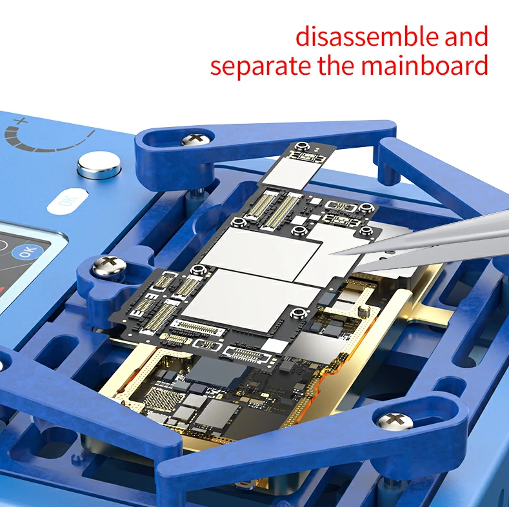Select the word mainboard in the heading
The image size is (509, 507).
tap(424, 65)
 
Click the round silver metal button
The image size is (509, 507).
tap(99, 163)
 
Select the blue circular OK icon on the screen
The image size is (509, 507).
tap(28, 251)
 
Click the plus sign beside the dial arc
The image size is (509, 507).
tap(21, 122)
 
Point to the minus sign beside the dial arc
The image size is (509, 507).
tap(92, 134)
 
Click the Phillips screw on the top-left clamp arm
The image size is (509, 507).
tap(195, 139)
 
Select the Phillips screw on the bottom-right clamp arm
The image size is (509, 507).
tap(395, 421)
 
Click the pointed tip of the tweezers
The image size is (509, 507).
tap(329, 254)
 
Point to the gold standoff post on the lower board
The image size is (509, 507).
tap(364, 312)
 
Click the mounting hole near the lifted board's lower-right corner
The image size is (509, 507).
tap(298, 313)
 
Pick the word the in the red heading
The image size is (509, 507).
tap(336, 65)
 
